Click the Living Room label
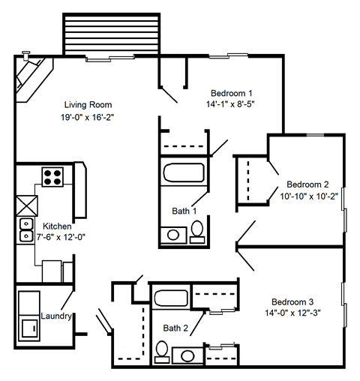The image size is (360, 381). click(x=88, y=104)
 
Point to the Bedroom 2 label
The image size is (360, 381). click(x=307, y=184)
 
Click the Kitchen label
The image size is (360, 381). click(x=57, y=226)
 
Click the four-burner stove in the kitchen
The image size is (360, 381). click(x=52, y=178)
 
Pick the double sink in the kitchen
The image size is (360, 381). click(x=25, y=229)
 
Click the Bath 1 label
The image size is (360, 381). click(x=184, y=211)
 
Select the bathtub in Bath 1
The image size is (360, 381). click(x=184, y=172)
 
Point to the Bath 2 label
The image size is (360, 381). click(x=177, y=327)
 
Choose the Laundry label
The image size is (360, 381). click(x=56, y=316)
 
